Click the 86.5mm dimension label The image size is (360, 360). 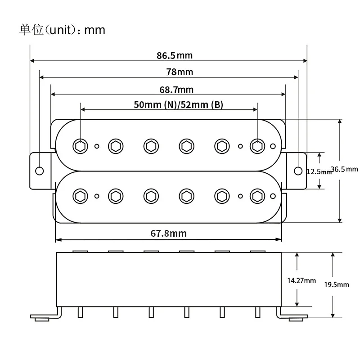click(175, 56)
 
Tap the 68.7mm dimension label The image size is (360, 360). click(176, 90)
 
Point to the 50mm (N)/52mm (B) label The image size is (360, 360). click(178, 105)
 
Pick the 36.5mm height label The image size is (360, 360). click(344, 169)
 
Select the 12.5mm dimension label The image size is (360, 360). click(319, 171)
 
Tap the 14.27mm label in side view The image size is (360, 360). click(301, 280)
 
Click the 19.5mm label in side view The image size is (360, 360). click(337, 284)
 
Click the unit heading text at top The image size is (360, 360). click(62, 30)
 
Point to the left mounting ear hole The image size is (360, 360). click(40, 171)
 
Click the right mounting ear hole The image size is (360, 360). click(298, 171)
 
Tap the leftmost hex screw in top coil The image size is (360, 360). click(80, 145)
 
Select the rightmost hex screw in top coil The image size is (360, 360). click(257, 145)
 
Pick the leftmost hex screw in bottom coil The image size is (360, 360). click(80, 196)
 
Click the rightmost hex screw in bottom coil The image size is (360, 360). click(257, 196)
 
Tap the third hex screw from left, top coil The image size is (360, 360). click(150, 145)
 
